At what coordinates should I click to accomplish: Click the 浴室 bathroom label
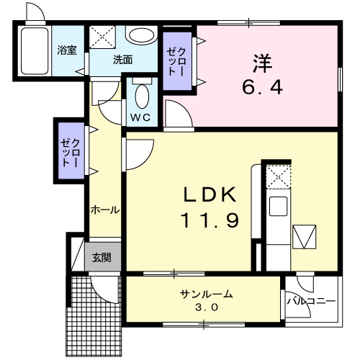point(67,50)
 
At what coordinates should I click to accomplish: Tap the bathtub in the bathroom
point(35,51)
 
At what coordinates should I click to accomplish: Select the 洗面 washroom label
point(122,60)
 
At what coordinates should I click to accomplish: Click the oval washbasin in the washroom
point(141,35)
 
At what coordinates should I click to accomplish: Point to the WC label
point(140,117)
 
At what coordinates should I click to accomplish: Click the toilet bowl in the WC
point(142,96)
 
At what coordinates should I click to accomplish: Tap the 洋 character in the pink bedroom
point(262,63)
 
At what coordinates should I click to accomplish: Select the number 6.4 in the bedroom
point(262,87)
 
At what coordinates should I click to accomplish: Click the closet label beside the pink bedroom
point(176,62)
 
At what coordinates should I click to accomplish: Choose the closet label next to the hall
point(70,153)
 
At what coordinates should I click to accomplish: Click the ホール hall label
point(105,210)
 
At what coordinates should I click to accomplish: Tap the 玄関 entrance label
point(102,258)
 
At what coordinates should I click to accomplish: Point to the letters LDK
point(210,194)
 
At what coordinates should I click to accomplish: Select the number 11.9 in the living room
point(210,220)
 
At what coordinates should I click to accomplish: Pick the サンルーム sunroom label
point(207,294)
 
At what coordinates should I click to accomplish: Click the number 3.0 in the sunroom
point(207,307)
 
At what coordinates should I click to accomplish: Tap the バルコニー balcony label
point(311,301)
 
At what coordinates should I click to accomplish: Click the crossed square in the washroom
point(102,37)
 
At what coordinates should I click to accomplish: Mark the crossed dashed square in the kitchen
point(279,176)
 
